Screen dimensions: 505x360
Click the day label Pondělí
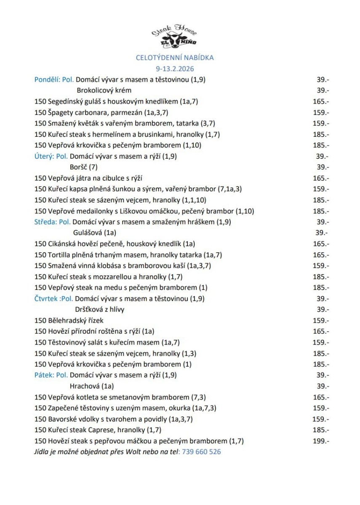pos(47,79)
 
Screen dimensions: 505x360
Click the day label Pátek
pos(44,375)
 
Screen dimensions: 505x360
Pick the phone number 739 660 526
pos(201,452)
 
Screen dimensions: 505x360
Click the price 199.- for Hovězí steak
pos(322,441)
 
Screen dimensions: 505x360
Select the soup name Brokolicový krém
pos(104,90)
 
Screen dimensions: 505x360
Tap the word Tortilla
pos(60,255)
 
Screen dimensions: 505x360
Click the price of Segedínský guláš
pos(322,101)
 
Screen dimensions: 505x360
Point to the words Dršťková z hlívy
pos(99,310)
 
